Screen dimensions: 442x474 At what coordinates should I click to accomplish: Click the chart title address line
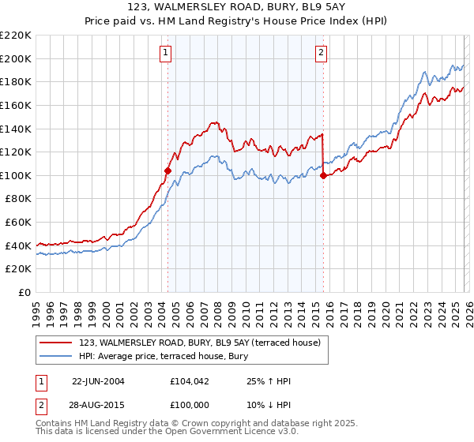point(236,7)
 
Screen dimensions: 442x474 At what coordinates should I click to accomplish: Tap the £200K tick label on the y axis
point(16,58)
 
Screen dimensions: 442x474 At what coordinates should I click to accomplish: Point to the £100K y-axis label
point(16,175)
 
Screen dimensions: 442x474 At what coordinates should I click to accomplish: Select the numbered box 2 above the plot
point(322,53)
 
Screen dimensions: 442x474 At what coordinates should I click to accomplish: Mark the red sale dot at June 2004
point(167,170)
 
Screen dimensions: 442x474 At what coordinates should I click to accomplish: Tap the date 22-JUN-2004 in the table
point(98,381)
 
